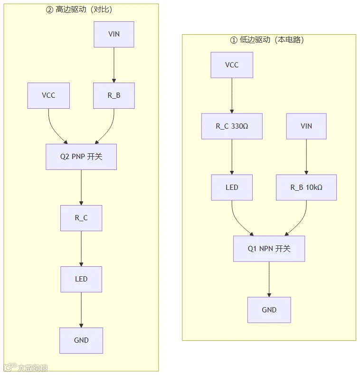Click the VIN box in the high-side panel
click(x=114, y=35)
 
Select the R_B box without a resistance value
click(x=114, y=96)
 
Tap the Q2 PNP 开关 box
click(x=81, y=157)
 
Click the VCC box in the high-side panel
click(x=48, y=96)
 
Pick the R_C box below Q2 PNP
click(x=81, y=218)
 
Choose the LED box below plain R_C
click(x=81, y=279)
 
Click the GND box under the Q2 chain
click(x=81, y=340)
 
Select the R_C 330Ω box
click(x=232, y=126)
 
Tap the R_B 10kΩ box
click(x=306, y=187)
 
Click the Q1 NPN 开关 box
click(x=269, y=249)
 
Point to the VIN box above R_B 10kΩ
click(x=306, y=126)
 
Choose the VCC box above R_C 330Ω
click(x=232, y=65)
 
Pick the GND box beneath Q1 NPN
click(x=269, y=310)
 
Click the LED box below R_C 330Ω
click(x=232, y=187)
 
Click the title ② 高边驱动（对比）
click(x=79, y=9)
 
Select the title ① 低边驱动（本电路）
click(x=267, y=40)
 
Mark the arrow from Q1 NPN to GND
click(x=269, y=279)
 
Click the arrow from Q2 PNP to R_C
click(x=81, y=187)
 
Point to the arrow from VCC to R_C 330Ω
click(x=232, y=96)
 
